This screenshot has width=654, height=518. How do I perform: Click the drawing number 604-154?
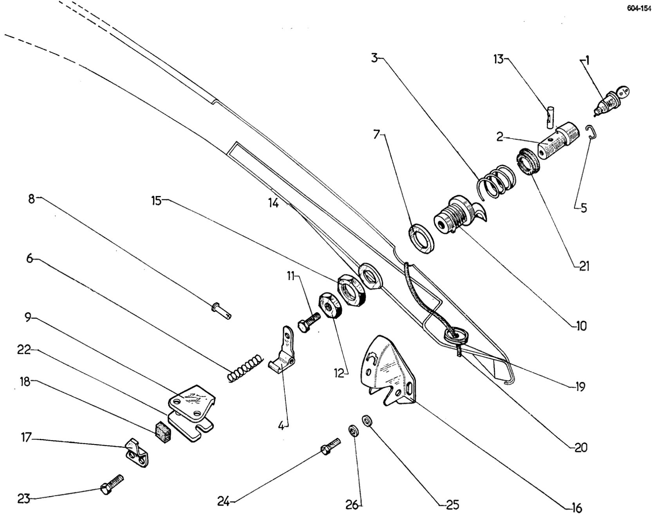coord(638,10)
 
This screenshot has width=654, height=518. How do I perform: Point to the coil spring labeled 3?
coord(495,182)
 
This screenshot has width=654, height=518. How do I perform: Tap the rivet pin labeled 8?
coord(221,311)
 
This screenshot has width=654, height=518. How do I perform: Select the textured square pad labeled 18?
coord(163,432)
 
